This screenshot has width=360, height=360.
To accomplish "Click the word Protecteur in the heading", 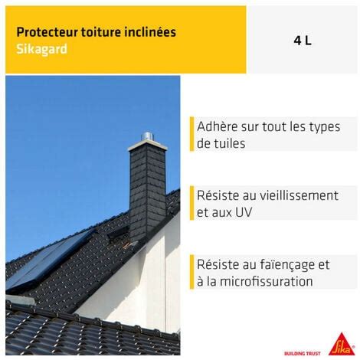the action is (47, 32).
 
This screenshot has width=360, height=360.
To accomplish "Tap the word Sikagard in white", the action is (41, 49).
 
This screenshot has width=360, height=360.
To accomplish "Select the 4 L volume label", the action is (303, 41).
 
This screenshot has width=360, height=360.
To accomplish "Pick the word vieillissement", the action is (299, 195).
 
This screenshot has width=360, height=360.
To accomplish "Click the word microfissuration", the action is (266, 281).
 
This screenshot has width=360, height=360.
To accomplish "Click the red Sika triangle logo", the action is (342, 345).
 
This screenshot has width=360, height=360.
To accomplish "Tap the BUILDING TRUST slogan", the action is (303, 353).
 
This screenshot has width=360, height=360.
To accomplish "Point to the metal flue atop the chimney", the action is (147, 136).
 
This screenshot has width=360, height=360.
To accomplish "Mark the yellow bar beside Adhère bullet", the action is (191, 134).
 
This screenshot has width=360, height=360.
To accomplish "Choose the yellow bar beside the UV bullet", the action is (191, 203).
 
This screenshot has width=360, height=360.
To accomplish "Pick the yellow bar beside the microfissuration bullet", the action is (191, 272).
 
